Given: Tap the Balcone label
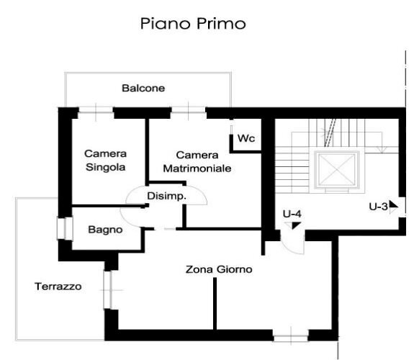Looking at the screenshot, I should coord(143,89).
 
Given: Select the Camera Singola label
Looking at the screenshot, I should coord(105,160).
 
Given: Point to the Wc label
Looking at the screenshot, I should coord(246,138).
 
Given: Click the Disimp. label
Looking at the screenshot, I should coord(166,196).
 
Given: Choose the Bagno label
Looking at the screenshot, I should coord(105,230).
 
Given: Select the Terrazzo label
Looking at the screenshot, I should coord(58,287).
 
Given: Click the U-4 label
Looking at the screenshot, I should coord(292,213).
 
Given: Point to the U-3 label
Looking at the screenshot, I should coord(379,206).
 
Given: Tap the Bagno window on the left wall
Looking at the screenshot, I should coord(63,228).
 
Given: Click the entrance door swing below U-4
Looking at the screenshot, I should coord(292,243).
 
